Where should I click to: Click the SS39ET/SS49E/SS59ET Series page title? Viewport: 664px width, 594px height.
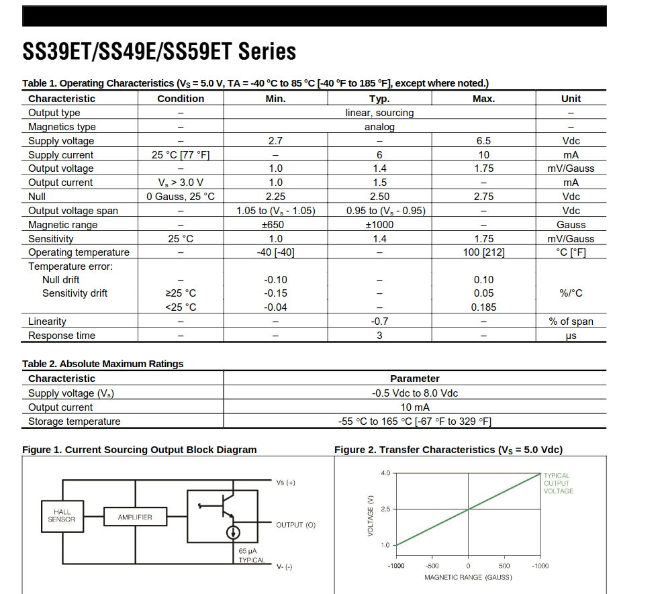tap(159, 52)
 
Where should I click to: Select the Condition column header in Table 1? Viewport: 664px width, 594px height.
tap(181, 99)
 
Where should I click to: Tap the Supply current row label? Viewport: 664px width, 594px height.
tap(61, 155)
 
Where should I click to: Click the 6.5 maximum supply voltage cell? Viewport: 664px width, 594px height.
tap(483, 141)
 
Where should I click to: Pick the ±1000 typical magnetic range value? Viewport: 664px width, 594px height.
tap(379, 225)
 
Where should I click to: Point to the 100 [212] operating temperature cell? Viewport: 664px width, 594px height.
tap(483, 252)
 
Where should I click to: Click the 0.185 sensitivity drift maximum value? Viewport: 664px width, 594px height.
tap(483, 307)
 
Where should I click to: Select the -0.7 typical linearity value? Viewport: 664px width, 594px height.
tap(379, 321)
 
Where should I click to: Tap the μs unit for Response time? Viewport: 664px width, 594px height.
tap(571, 336)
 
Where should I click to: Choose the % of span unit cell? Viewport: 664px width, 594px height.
tap(571, 321)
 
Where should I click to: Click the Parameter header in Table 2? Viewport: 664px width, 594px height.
tap(414, 379)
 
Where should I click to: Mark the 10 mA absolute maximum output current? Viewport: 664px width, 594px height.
tap(414, 407)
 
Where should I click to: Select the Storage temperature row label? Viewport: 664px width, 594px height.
tap(75, 422)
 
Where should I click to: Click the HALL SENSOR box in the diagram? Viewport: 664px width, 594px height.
tap(62, 515)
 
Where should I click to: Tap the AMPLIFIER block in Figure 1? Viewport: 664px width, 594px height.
tap(135, 517)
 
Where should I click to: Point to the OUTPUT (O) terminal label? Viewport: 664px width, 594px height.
tap(295, 525)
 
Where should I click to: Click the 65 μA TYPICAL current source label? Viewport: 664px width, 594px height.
tap(252, 555)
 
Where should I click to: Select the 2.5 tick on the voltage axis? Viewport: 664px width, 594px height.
tap(385, 509)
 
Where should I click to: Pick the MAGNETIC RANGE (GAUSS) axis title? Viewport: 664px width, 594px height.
tap(468, 577)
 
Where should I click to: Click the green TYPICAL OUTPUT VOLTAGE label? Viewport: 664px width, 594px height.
tap(558, 483)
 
